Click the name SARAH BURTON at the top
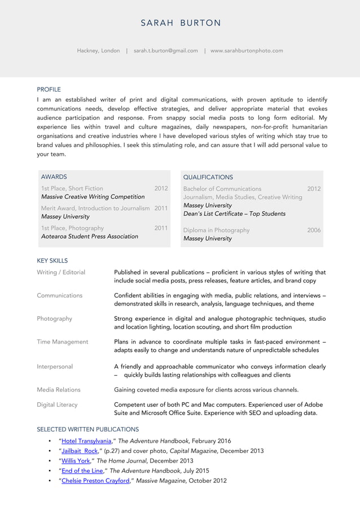[181, 23]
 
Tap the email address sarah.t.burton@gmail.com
[166, 51]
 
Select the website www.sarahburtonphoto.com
[247, 51]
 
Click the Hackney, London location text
[98, 51]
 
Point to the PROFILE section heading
[49, 89]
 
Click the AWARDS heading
[54, 177]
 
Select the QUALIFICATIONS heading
[208, 177]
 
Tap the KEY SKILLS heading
[52, 261]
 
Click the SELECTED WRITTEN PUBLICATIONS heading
[87, 429]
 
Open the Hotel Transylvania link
[86, 441]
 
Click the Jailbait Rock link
[80, 451]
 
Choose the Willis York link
[76, 461]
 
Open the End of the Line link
[81, 471]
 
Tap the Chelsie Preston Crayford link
[95, 481]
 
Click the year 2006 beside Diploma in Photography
[314, 230]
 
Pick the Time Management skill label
[62, 342]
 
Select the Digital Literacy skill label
[57, 405]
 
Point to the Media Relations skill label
[59, 390]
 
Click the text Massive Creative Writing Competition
[93, 197]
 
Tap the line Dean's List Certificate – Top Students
[234, 213]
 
